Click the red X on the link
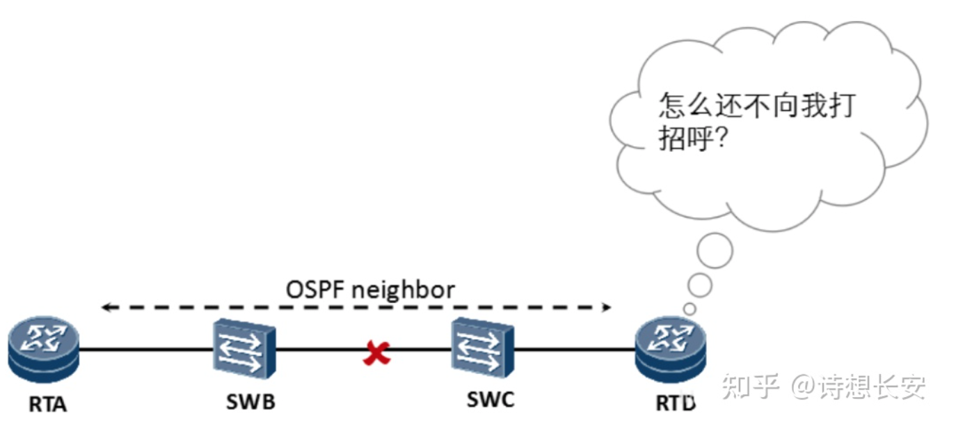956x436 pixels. (x=376, y=354)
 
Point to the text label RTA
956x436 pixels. (x=47, y=404)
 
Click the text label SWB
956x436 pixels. (x=250, y=402)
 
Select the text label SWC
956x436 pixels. (x=491, y=399)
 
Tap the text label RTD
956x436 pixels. (x=675, y=403)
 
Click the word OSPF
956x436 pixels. (x=314, y=289)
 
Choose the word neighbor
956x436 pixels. (x=403, y=289)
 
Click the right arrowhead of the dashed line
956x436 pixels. (x=607, y=306)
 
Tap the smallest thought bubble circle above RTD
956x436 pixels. (x=689, y=308)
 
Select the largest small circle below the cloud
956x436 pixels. (x=715, y=251)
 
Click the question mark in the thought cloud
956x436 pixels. (x=722, y=139)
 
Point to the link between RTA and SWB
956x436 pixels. (x=146, y=349)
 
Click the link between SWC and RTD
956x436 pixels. (x=574, y=349)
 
